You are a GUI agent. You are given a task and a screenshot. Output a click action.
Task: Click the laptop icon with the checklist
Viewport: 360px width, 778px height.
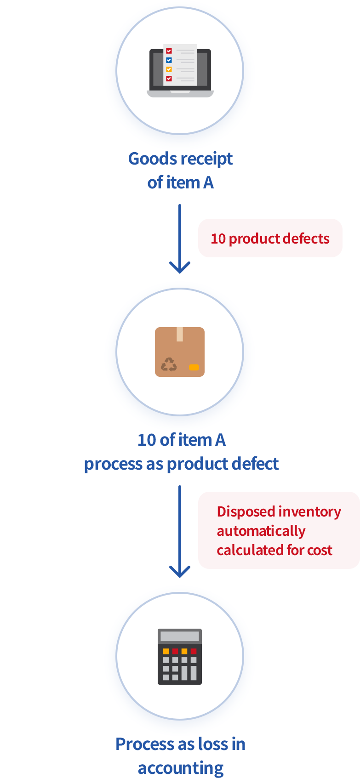point(180,71)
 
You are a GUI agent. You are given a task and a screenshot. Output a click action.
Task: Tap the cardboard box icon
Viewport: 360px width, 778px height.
point(180,352)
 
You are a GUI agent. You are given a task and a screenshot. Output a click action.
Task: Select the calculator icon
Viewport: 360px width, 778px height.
point(180,656)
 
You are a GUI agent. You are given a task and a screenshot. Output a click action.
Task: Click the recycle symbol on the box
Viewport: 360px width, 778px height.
point(169,364)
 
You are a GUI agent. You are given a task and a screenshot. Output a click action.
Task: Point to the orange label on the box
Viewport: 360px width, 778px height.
point(194,367)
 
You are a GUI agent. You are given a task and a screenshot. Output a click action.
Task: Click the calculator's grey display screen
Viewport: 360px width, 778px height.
point(180,636)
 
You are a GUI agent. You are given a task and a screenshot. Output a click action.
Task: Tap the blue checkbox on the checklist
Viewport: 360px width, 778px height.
point(169,60)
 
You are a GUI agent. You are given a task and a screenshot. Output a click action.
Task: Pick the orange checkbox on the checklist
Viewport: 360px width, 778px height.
point(169,69)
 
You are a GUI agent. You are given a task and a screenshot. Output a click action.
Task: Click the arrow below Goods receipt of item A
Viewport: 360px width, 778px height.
point(180,239)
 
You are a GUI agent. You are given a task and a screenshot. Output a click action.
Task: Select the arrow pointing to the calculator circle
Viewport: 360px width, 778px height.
point(180,531)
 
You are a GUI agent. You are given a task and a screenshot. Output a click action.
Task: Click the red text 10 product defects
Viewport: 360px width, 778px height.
point(270,239)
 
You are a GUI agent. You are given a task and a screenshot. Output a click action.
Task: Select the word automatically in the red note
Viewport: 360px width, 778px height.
point(261,531)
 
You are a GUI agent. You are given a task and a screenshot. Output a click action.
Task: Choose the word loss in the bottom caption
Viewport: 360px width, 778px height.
point(211,744)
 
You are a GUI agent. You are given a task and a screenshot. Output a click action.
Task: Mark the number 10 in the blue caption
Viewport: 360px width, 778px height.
point(147,440)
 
